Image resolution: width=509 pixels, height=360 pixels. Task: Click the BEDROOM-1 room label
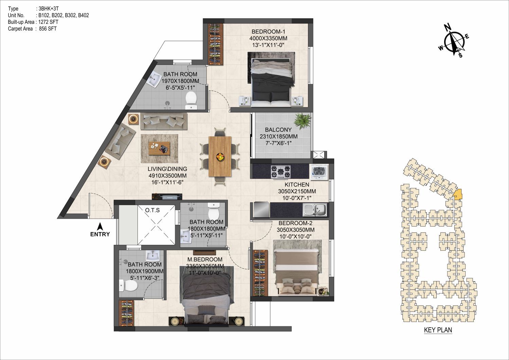(268, 32)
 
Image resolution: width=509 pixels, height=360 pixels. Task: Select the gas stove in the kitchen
(280, 172)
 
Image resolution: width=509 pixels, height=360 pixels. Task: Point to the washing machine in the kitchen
(319, 173)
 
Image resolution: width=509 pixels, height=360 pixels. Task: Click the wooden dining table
(220, 156)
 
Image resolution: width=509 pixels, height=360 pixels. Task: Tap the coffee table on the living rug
(159, 148)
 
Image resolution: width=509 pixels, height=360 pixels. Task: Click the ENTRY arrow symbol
(100, 227)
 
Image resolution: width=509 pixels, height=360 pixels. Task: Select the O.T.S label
(152, 210)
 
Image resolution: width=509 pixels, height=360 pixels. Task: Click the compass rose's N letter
(448, 28)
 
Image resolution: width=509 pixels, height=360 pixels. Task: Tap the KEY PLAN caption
(438, 330)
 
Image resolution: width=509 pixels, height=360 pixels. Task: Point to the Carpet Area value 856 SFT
(48, 29)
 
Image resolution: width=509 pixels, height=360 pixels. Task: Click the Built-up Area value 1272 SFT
(48, 22)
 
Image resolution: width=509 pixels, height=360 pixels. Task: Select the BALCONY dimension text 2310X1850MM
(278, 137)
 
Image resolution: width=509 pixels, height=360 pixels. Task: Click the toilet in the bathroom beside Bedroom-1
(191, 101)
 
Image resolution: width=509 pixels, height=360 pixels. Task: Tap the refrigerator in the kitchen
(260, 210)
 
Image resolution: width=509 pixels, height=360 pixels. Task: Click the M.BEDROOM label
(205, 259)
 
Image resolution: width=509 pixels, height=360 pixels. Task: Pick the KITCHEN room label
(297, 184)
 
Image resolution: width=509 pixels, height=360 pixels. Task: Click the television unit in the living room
(167, 196)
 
